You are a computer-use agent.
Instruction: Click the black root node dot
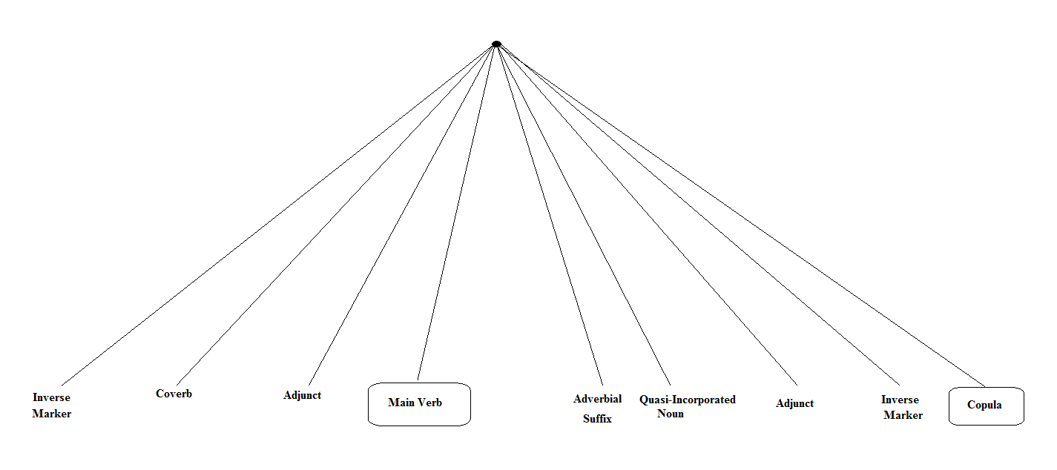coord(496,44)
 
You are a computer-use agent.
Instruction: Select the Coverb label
coord(174,394)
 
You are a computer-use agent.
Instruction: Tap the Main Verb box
coord(419,404)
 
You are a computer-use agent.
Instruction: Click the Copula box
coord(986,406)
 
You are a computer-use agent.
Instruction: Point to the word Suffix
coord(597,419)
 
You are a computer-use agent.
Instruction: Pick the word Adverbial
coord(597,399)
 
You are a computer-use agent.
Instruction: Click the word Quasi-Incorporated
coord(687,400)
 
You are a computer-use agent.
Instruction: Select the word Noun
coord(671,414)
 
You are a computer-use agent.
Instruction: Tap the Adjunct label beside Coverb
coord(302,395)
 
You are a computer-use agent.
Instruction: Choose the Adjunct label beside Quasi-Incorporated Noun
coord(794,403)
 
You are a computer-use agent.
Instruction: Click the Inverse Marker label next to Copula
coord(902,407)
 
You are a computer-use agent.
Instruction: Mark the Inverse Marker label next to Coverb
coord(51,406)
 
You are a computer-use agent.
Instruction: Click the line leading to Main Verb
coord(457,212)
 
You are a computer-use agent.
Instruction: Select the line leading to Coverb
coord(335,215)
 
